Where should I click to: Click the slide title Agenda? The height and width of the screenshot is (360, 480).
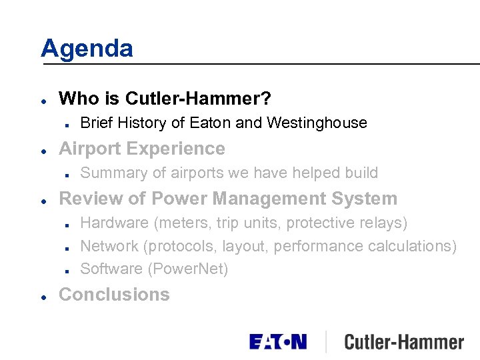pos(87,49)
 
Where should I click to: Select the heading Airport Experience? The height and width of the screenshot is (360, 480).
pos(142,149)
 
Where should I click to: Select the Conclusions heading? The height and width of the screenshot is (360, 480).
pos(114,295)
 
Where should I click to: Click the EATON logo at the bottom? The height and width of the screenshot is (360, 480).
pos(278,342)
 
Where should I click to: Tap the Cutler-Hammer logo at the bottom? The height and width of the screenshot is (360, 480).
pos(403,343)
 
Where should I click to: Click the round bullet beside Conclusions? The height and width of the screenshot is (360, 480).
pos(43,295)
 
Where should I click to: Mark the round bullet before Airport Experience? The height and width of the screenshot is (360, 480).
pos(43,149)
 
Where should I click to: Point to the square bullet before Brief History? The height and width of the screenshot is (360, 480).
pos(69,123)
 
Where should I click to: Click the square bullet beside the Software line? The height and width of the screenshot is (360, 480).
pos(69,270)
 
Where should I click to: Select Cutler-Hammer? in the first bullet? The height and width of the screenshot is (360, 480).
pos(198,99)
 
